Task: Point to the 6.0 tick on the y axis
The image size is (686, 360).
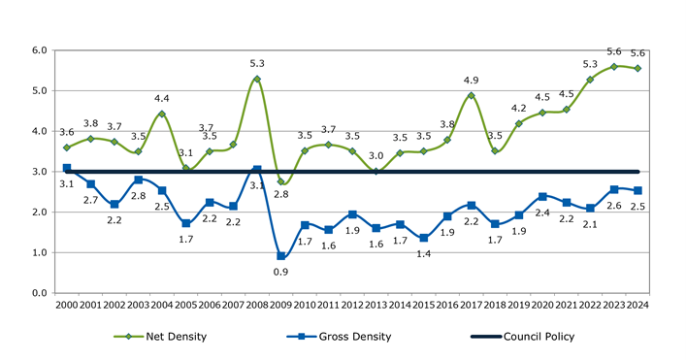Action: (39, 49)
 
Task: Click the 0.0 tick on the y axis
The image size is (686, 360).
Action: (39, 293)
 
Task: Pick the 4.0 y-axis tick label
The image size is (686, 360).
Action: (39, 131)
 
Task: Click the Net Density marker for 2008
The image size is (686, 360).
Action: (257, 79)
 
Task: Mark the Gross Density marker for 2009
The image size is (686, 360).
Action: (280, 256)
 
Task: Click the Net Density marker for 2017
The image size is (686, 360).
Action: (471, 95)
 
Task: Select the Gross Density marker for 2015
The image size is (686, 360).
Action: (423, 238)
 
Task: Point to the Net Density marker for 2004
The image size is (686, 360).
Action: (162, 115)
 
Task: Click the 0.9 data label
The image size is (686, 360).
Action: (280, 274)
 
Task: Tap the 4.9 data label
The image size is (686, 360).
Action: (471, 81)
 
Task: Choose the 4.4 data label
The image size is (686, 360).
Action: (162, 98)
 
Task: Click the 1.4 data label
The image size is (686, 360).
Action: (423, 253)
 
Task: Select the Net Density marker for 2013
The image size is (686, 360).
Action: (376, 171)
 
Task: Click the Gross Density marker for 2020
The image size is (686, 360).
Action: (541, 196)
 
